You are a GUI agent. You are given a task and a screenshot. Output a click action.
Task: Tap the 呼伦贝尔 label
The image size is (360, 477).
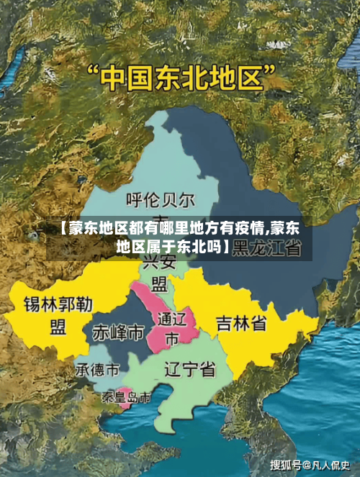(x=161, y=198)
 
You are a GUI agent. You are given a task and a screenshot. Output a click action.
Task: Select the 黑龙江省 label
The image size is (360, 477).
(x=267, y=248)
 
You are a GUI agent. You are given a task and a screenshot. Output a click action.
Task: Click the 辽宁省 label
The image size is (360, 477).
(x=189, y=370)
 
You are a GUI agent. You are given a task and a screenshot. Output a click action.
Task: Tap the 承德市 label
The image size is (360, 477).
(x=98, y=371)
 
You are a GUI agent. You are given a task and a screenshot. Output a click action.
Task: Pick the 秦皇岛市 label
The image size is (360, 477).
(x=126, y=397)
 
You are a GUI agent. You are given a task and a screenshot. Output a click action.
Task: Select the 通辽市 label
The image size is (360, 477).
(x=171, y=327)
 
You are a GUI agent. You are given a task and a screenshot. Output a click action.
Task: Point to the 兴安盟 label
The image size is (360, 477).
(x=160, y=272)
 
